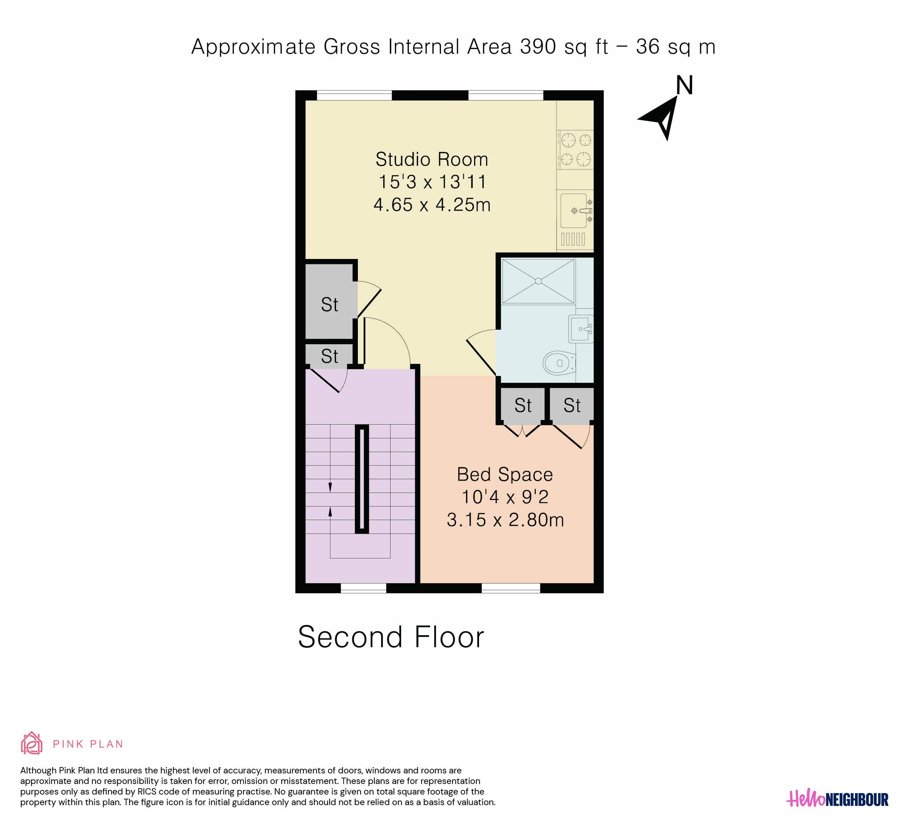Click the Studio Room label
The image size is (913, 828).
click(431, 160)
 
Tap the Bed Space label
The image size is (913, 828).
click(505, 475)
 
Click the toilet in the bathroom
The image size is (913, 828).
click(559, 363)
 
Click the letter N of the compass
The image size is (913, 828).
click(684, 85)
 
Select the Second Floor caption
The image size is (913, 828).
click(391, 637)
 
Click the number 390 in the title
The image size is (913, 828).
click(538, 47)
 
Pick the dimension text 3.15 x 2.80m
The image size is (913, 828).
click(505, 520)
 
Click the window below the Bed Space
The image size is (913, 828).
click(511, 588)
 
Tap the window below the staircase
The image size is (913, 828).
click(363, 588)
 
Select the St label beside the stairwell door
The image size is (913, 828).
click(330, 357)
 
